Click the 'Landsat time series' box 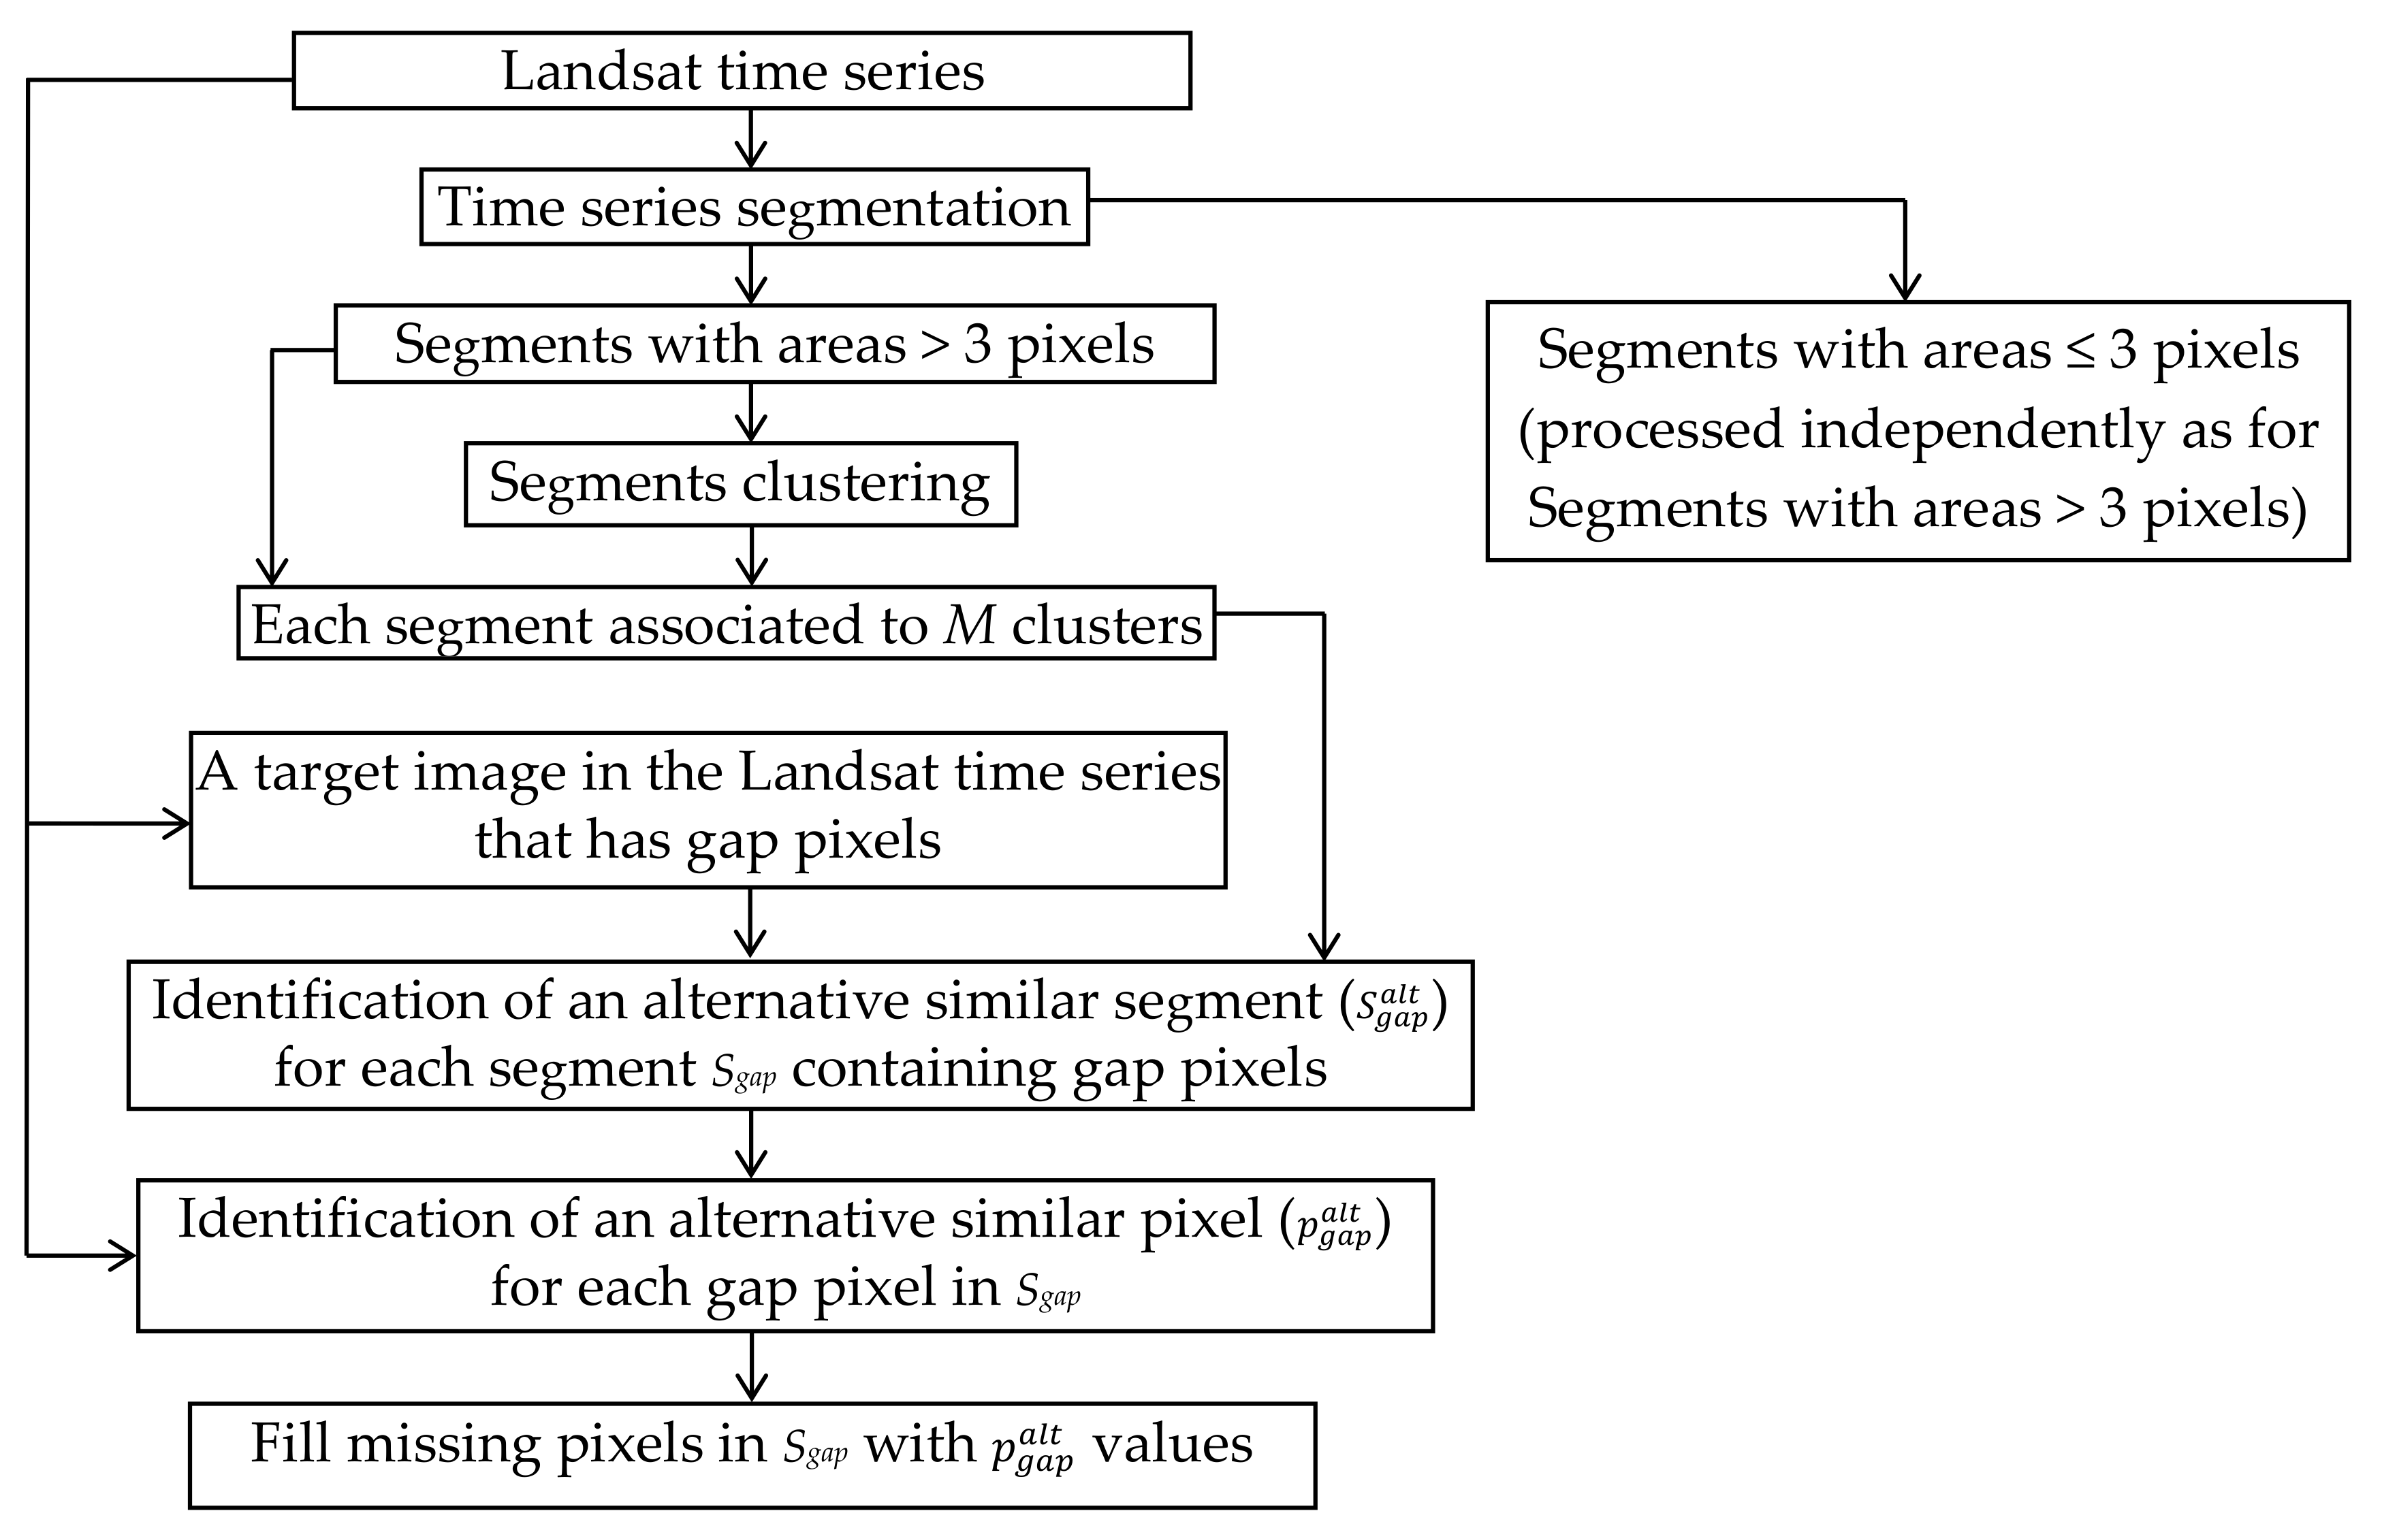[742, 71]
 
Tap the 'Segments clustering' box [740, 483]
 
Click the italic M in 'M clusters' [968, 625]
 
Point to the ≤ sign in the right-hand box [2083, 351]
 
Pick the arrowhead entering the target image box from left [176, 824]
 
